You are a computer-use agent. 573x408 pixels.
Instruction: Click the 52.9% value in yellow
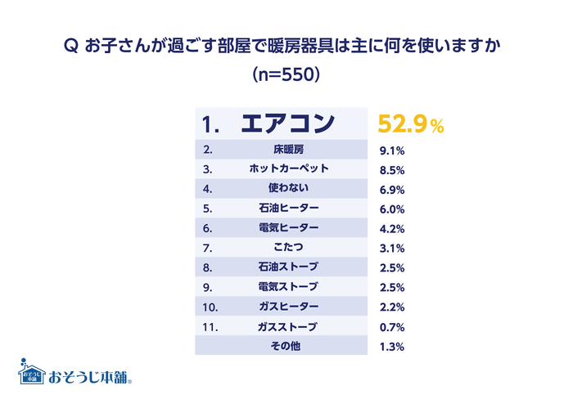410,124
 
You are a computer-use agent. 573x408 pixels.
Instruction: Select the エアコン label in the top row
288,124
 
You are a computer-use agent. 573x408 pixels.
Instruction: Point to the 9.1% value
391,150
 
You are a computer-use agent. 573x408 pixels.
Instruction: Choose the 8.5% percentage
391,170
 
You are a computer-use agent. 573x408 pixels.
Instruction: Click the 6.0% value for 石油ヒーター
391,209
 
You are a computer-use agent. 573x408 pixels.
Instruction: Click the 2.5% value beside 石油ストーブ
391,268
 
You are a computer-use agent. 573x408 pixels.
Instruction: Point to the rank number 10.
210,307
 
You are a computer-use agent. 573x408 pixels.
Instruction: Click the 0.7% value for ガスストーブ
391,327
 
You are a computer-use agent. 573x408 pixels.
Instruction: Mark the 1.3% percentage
391,347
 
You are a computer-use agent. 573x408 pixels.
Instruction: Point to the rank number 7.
207,249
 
